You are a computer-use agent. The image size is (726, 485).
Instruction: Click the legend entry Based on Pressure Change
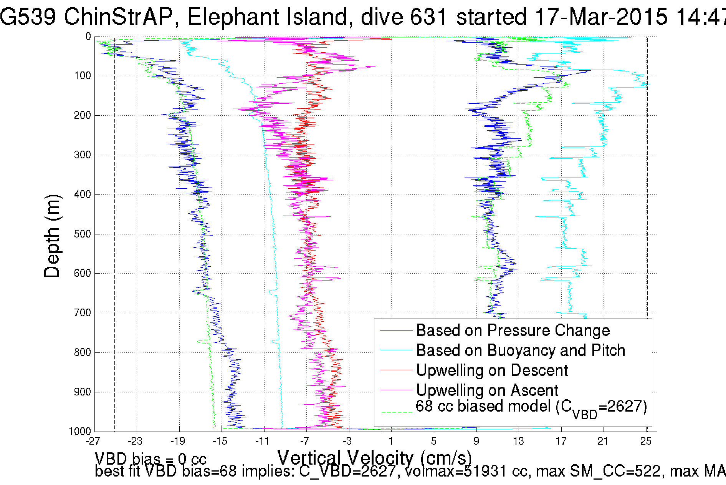point(513,331)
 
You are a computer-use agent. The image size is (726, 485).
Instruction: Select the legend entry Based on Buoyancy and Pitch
point(521,350)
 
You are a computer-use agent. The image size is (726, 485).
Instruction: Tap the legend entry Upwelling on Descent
point(492,370)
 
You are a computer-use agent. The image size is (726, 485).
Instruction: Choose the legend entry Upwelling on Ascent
point(487,390)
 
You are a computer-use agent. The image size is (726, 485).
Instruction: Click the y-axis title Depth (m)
point(53,236)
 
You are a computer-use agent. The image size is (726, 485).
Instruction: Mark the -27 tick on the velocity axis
point(93,441)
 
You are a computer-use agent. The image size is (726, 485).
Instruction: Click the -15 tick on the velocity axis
point(220,441)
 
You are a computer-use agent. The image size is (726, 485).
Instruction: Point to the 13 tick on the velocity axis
point(518,441)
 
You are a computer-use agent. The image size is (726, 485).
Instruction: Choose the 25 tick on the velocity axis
point(646,441)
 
